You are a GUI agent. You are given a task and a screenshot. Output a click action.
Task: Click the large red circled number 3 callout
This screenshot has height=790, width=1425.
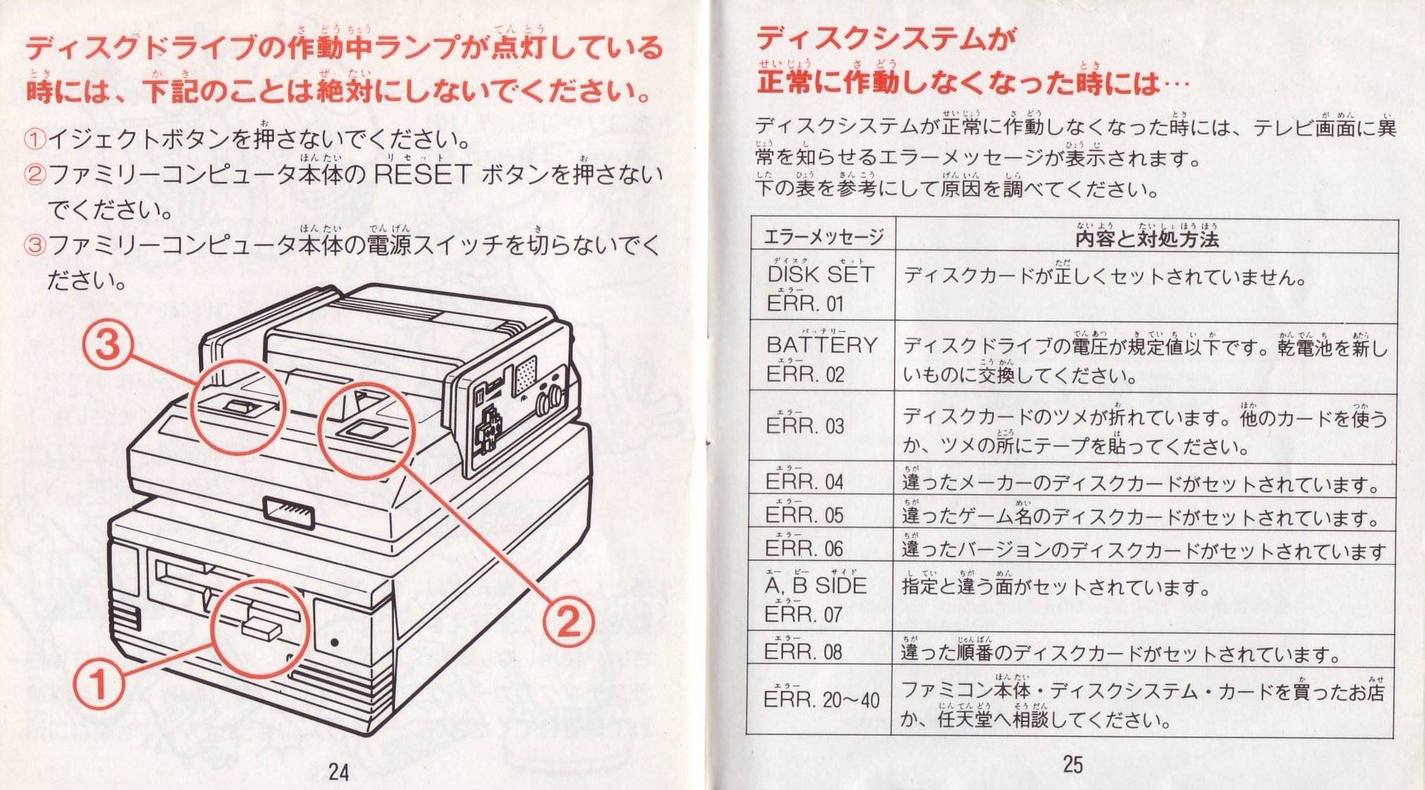coord(108,345)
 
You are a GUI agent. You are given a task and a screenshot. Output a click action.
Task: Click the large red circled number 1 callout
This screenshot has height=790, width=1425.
coord(98,684)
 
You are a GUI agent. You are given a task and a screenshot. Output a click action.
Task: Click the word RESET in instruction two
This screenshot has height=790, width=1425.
coord(422,175)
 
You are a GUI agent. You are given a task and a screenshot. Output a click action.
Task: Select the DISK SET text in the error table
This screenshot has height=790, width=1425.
coord(821,275)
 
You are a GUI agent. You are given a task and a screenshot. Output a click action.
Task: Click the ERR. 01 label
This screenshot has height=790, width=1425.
coord(805,304)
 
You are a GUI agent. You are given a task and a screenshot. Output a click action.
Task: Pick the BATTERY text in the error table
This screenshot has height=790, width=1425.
coord(822,345)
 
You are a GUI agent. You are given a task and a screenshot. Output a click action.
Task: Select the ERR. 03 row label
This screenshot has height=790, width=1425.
coord(805,426)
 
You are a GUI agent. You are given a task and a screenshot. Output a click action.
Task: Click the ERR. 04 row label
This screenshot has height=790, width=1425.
coord(805,482)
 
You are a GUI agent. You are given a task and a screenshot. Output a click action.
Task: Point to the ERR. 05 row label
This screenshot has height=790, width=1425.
coord(805,515)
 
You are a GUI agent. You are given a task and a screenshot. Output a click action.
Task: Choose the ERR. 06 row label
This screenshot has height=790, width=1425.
coord(805,548)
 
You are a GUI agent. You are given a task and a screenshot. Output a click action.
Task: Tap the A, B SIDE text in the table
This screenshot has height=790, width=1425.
coord(816,586)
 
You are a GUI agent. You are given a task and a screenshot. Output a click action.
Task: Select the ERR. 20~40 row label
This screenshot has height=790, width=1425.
coord(821,700)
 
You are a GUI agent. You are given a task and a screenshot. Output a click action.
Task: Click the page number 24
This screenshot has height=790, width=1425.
coord(339,772)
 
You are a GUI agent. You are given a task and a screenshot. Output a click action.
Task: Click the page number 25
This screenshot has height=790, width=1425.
coord(1072,764)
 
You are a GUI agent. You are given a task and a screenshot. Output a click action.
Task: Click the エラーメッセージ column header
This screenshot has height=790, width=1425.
coord(823,237)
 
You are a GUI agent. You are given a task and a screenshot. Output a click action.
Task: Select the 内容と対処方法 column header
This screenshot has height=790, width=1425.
coord(1147,239)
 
